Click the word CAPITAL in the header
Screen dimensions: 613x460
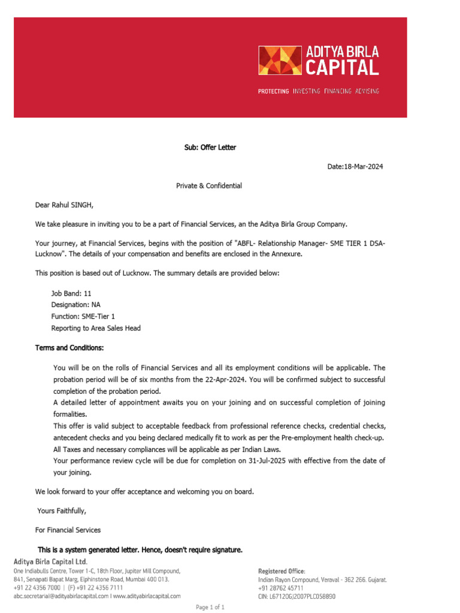(343, 68)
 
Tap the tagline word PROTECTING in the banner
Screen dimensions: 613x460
(273, 92)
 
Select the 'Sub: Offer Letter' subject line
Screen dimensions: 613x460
(210, 147)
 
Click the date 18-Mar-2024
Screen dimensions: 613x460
(364, 166)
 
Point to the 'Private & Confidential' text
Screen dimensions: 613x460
(209, 186)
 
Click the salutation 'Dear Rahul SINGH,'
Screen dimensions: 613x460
(64, 205)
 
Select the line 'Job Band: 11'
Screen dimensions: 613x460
(71, 294)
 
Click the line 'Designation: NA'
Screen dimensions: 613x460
(76, 305)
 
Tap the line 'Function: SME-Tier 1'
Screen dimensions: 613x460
(83, 316)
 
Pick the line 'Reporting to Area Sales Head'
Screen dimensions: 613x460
(96, 328)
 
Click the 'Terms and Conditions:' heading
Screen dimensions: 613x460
(69, 348)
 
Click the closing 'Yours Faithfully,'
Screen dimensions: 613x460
(62, 511)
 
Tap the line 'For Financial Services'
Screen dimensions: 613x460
(68, 530)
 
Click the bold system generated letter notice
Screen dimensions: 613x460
(140, 550)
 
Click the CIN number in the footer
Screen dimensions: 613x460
(297, 596)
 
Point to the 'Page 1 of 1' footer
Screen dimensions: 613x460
(210, 608)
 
